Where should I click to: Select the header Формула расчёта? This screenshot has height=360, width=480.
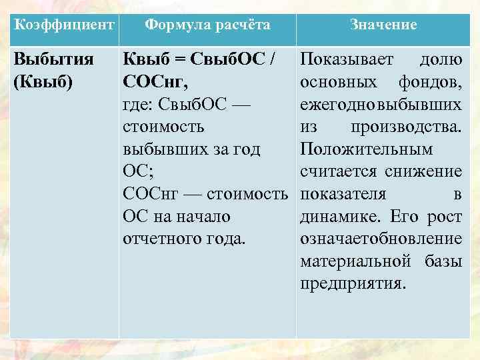click(x=207, y=25)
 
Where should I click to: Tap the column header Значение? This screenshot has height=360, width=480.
click(x=383, y=25)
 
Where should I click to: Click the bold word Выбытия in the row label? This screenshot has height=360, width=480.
click(x=52, y=60)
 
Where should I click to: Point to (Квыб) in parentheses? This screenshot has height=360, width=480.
click(x=43, y=83)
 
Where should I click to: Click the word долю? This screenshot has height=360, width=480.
click(x=440, y=60)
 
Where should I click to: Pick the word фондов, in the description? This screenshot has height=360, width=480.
click(x=431, y=83)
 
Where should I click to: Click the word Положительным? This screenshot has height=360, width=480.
click(x=366, y=149)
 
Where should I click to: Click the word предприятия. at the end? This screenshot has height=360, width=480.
click(x=351, y=283)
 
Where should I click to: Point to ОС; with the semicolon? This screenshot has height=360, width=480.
click(x=137, y=171)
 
